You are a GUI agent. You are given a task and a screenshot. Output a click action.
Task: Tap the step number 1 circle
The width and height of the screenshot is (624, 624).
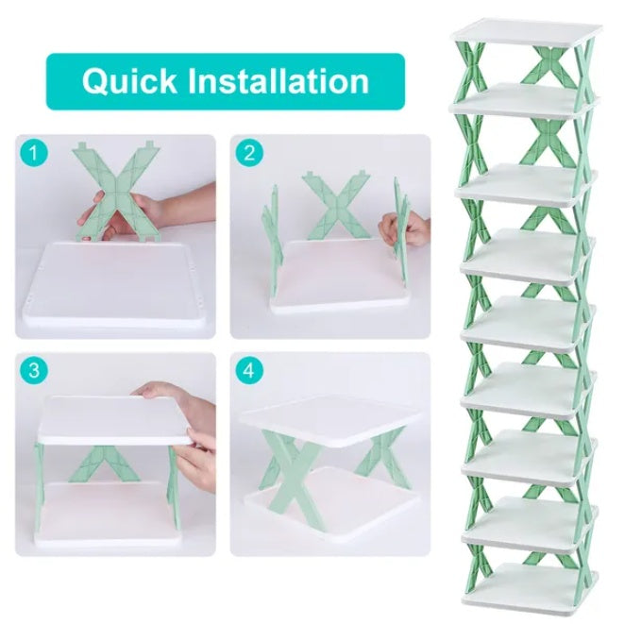tap(35, 154)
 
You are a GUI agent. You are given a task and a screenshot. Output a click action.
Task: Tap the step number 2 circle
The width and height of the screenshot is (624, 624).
tap(249, 154)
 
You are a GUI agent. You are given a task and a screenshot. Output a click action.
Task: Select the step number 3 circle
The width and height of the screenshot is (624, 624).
tap(35, 370)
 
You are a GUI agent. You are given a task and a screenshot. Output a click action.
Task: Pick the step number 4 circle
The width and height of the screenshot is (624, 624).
tap(249, 370)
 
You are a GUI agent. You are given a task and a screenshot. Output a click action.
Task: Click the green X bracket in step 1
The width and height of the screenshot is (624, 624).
tap(115, 194)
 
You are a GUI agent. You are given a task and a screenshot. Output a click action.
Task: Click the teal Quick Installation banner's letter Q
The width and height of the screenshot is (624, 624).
tap(96, 81)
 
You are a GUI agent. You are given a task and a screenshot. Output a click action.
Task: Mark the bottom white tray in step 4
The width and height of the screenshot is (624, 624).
tap(330, 510)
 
